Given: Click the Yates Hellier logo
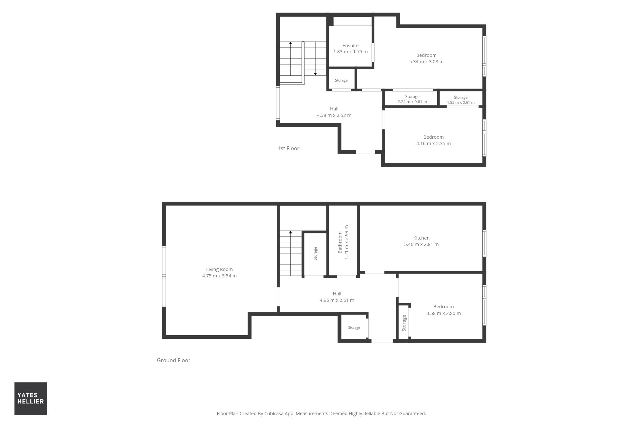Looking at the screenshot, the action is [x=31, y=398].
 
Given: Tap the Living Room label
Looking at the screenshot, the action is [x=219, y=269].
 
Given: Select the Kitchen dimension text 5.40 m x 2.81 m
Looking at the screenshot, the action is [x=421, y=244].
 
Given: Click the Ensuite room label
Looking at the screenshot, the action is [x=350, y=46].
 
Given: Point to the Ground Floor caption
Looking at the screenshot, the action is [x=174, y=360].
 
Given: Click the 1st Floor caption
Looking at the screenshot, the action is [x=288, y=148].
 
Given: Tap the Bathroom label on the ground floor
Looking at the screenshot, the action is [x=340, y=242].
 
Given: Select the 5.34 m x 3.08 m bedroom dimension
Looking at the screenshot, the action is [x=426, y=62].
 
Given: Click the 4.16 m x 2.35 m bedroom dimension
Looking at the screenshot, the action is [x=433, y=144].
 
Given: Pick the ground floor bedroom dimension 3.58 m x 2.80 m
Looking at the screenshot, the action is [x=443, y=313].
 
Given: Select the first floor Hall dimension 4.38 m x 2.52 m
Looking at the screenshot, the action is [x=334, y=115].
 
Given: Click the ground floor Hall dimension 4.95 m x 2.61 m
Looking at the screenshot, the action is [x=337, y=300].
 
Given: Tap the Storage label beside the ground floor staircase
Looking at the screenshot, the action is [x=315, y=254].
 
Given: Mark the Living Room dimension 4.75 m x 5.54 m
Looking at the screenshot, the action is [x=219, y=276].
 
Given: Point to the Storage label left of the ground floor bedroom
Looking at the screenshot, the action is [x=404, y=323].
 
